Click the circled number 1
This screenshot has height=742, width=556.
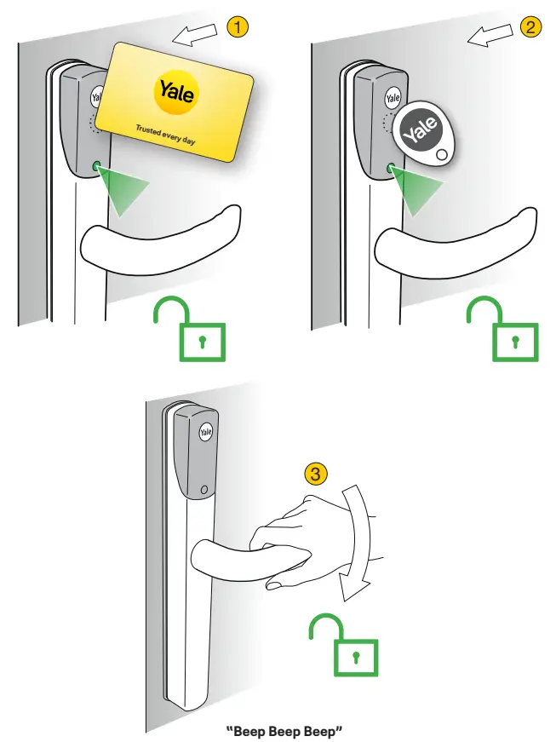(239, 27)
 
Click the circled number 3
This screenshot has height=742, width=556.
(315, 475)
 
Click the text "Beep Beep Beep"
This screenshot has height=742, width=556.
(276, 731)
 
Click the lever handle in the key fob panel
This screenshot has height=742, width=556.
(451, 238)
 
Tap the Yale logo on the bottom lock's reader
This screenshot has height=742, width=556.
(205, 433)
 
